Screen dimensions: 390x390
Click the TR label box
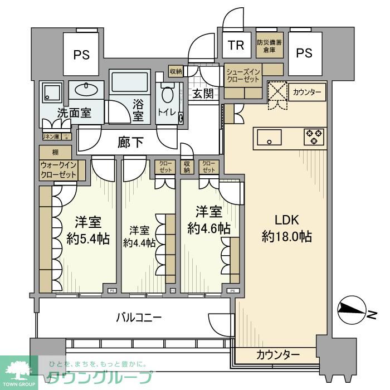236,45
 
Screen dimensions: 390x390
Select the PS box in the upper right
304,52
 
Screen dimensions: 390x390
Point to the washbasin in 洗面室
86,90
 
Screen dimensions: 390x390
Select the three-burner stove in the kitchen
314,137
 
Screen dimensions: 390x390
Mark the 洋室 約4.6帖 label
209,220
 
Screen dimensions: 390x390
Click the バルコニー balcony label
139,318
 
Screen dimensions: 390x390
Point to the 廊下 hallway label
130,143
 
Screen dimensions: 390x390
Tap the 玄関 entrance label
203,94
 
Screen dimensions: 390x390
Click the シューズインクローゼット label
243,75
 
